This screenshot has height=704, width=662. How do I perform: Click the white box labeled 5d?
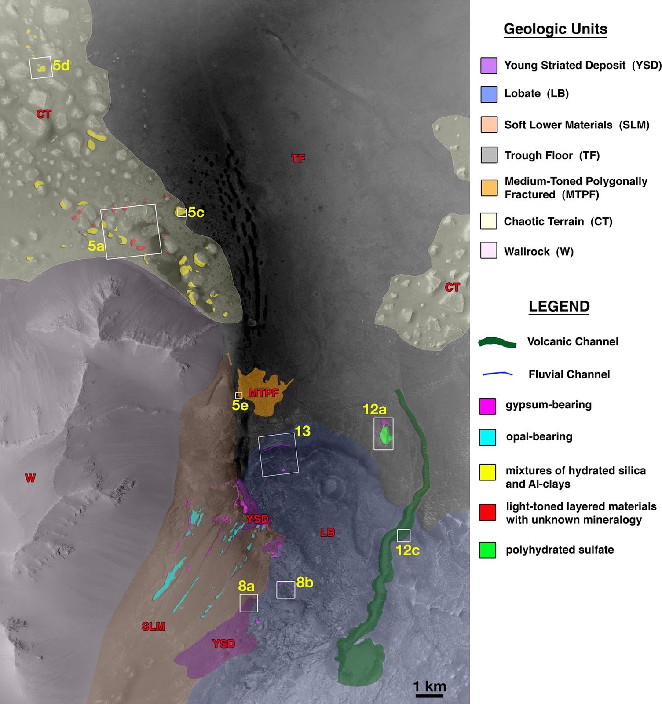[41, 68]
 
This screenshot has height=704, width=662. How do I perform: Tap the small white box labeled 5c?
[182, 213]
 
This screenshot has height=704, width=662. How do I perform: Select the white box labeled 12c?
[403, 535]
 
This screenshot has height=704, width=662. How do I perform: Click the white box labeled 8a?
[249, 603]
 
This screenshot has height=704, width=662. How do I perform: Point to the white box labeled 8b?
[285, 590]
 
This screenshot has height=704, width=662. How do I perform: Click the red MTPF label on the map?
[263, 393]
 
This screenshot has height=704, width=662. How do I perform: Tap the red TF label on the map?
[298, 159]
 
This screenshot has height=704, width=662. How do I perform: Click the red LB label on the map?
[328, 533]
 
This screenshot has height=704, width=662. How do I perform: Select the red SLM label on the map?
[154, 626]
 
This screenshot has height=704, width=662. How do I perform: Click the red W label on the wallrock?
[30, 478]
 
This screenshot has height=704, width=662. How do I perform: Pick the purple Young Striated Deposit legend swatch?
[489, 66]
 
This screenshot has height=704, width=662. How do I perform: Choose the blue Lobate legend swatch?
[489, 94]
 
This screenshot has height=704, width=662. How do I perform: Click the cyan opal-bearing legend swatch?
[487, 437]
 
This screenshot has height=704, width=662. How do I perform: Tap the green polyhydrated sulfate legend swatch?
[487, 550]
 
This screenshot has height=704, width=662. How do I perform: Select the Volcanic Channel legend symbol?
[497, 343]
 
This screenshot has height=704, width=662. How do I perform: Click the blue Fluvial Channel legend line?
[497, 374]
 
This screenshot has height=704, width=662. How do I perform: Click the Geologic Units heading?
[555, 29]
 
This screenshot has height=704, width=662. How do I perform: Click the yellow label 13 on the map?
[303, 431]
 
